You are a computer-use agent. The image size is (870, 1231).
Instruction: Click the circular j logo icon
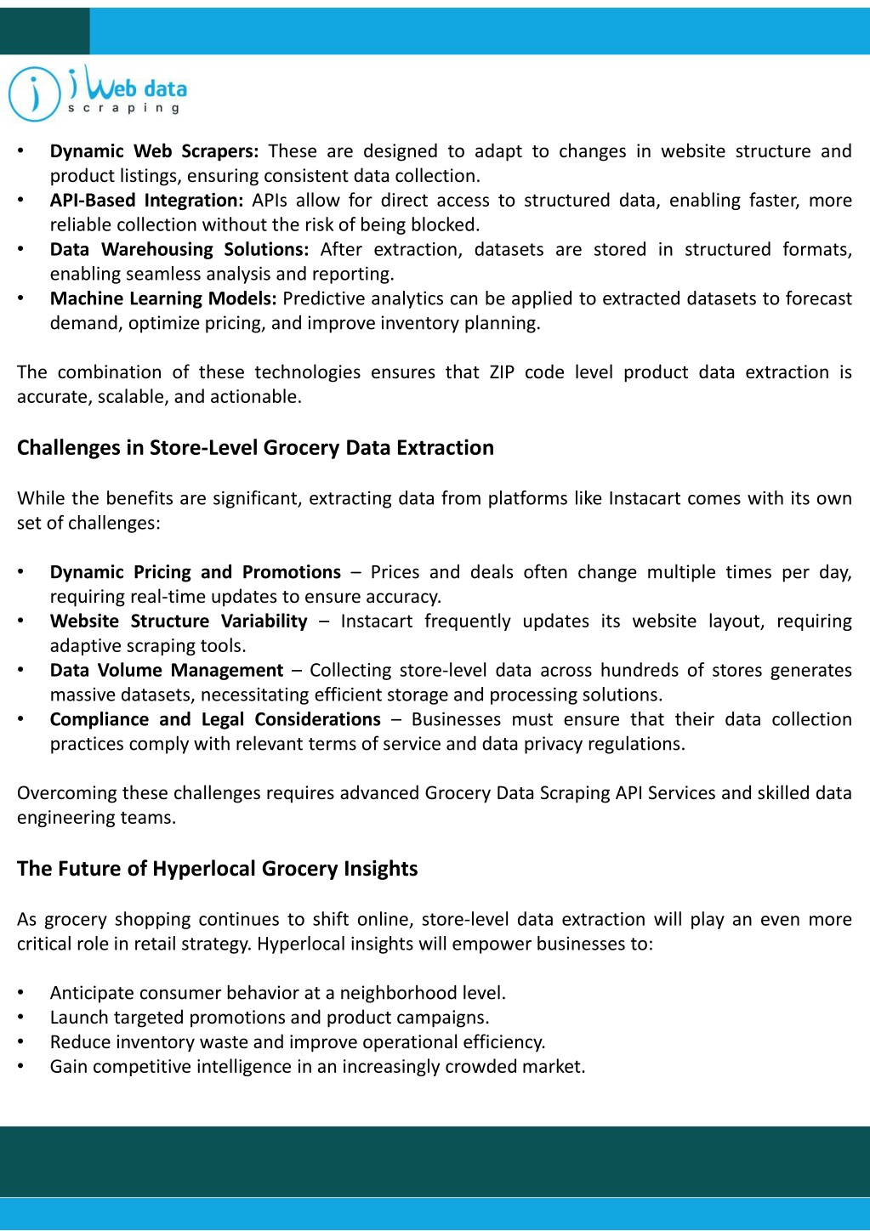click(x=34, y=94)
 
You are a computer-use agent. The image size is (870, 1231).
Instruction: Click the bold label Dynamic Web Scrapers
click(x=154, y=151)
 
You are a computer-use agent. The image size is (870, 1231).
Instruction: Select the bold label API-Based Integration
click(x=146, y=201)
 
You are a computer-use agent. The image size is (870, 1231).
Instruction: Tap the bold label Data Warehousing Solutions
click(x=179, y=250)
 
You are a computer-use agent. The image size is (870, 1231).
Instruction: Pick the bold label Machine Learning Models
click(x=163, y=299)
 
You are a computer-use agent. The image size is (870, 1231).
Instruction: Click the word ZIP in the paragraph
click(x=502, y=372)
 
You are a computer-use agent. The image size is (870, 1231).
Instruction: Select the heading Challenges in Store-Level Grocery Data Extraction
click(x=255, y=448)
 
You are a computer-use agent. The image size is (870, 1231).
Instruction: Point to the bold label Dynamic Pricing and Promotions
click(x=195, y=572)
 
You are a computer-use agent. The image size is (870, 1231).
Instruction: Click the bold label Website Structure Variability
click(x=179, y=621)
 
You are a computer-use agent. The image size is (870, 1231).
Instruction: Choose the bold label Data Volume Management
click(x=166, y=671)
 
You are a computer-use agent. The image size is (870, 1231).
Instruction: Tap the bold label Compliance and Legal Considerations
click(x=215, y=720)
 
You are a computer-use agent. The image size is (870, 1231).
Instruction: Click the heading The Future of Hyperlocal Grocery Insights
click(x=217, y=869)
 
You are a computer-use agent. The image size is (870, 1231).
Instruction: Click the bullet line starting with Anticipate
click(x=277, y=993)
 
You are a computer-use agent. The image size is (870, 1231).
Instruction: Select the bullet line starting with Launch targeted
click(x=269, y=1018)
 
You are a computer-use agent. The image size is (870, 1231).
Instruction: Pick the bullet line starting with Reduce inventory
click(x=297, y=1042)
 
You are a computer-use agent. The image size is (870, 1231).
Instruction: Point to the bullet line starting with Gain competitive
click(x=317, y=1067)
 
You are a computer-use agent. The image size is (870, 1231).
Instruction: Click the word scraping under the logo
click(x=124, y=109)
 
